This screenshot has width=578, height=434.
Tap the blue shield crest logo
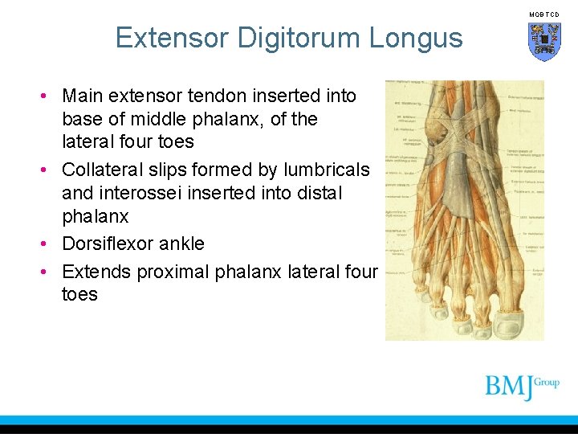click(x=544, y=40)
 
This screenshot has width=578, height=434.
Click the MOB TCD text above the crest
click(x=544, y=14)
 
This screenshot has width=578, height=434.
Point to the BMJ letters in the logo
click(x=508, y=387)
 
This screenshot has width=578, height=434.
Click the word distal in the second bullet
click(x=318, y=194)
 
